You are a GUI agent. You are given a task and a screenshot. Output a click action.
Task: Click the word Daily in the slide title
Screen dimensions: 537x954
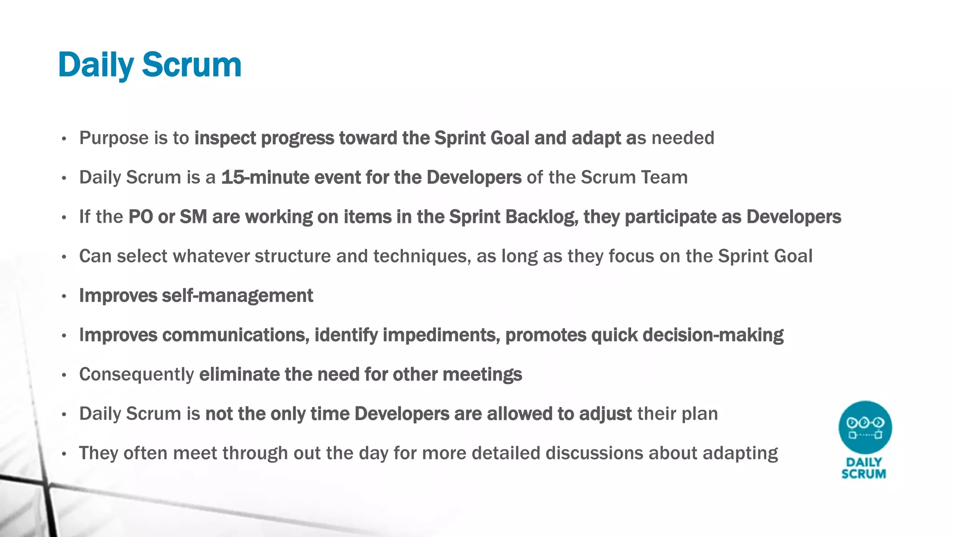point(95,65)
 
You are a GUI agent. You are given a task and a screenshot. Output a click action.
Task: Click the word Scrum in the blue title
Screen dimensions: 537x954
point(191,65)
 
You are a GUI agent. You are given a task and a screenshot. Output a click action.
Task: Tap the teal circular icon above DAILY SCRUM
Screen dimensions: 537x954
point(865,427)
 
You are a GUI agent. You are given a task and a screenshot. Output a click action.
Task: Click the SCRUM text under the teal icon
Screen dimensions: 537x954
point(864,474)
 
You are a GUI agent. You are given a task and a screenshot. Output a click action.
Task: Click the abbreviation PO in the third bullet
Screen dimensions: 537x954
point(141,217)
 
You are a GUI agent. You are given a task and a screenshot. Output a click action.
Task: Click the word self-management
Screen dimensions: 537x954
point(238,296)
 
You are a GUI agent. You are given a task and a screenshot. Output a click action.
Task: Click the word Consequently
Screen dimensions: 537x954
point(136,375)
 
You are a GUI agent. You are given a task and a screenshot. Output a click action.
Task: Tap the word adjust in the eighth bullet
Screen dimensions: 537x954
point(605,414)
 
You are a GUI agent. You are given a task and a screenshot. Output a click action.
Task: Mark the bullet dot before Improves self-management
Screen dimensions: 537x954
point(64,296)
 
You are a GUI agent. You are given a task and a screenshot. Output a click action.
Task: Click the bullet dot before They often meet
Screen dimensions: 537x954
point(64,454)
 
